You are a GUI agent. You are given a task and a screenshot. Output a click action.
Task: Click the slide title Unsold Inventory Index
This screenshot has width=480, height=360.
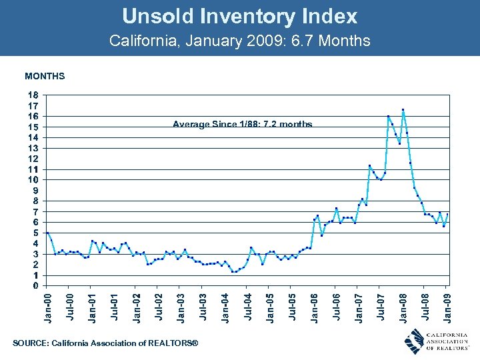(239, 16)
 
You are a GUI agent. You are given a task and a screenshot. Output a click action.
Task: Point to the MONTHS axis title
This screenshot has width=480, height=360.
(45, 77)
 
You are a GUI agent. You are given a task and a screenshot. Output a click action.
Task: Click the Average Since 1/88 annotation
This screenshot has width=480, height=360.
(243, 124)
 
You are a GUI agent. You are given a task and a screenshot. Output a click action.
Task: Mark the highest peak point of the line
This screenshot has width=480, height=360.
(403, 109)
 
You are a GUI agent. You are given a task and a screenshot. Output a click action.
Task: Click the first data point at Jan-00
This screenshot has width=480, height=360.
(47, 233)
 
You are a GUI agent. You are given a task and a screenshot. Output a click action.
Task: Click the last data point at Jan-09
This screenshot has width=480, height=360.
(447, 215)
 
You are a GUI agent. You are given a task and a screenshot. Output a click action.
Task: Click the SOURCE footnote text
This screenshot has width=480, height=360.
(105, 343)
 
